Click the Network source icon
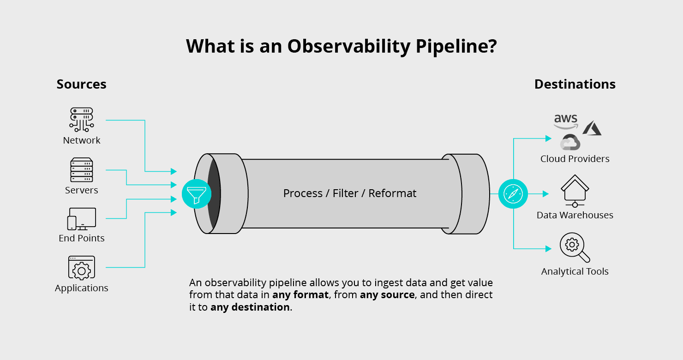[x=82, y=120]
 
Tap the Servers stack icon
[x=82, y=170]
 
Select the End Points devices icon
[x=82, y=219]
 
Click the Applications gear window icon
[x=82, y=268]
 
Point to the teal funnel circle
[x=197, y=193]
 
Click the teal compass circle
[x=513, y=194]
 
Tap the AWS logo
[x=566, y=121]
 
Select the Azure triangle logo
[x=592, y=128]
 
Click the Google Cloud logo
[x=570, y=143]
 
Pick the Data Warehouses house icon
[x=575, y=191]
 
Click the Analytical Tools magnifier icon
[x=575, y=247]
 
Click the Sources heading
[x=81, y=84]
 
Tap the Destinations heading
[x=575, y=84]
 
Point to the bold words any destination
[x=250, y=307]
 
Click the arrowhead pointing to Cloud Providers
[x=548, y=138]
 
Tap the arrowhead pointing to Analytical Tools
[x=548, y=249]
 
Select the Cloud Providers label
[x=575, y=159]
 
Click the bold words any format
[x=300, y=295]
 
